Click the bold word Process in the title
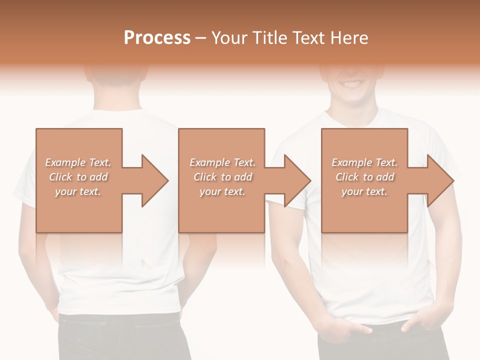(157, 38)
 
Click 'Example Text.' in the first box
(78, 162)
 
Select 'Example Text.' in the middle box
(222, 162)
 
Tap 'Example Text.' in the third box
(364, 162)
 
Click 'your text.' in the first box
(78, 191)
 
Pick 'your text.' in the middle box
(222, 191)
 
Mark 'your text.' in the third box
(364, 191)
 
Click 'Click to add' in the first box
(78, 177)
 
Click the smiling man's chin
(353, 100)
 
